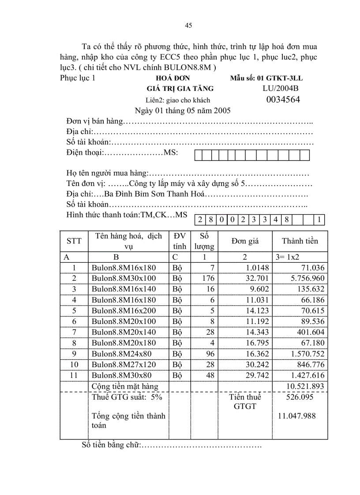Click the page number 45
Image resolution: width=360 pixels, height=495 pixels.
[x=188, y=26]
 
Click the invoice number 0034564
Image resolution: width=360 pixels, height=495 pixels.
[x=283, y=100]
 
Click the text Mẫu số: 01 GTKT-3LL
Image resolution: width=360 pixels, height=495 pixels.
[x=266, y=78]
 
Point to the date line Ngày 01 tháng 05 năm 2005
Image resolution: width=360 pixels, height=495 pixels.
[x=183, y=110]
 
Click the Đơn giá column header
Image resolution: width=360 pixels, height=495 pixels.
[x=245, y=241]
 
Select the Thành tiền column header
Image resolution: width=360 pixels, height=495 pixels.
[x=300, y=241]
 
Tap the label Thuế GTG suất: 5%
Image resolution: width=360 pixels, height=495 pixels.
[x=127, y=397]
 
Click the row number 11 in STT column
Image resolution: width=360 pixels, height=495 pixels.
[x=74, y=375]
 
